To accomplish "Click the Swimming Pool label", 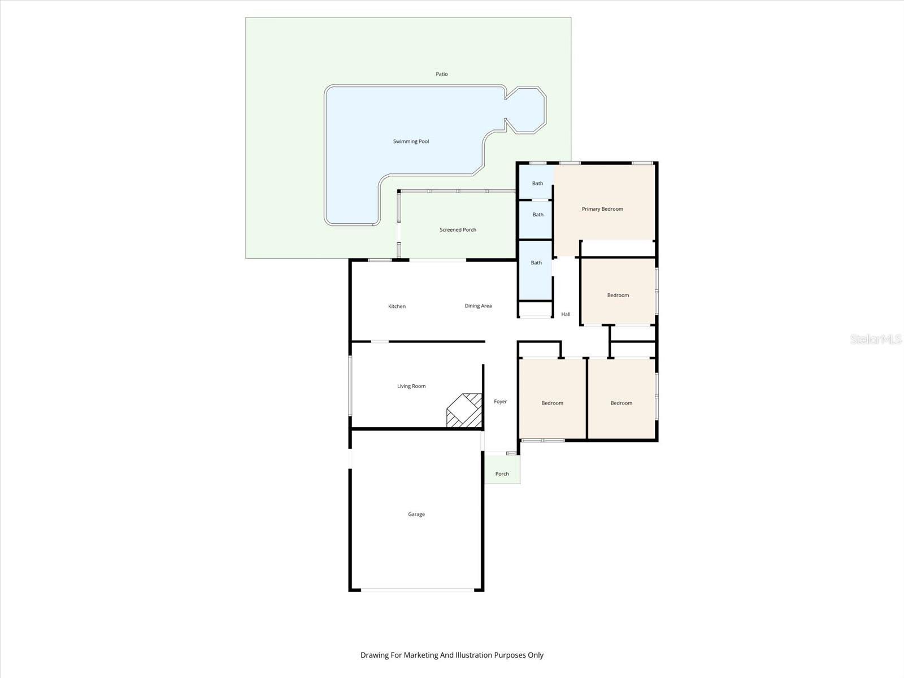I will pos(411,141).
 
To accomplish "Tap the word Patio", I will pos(442,74).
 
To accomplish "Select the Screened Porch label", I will pos(458,230).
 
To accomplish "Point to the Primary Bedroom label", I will pos(602,209).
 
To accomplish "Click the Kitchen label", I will pos(397,306).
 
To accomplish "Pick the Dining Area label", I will pos(478,306).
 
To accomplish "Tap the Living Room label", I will pos(411,386).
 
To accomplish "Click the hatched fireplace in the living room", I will pos(465,411).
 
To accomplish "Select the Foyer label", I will pos(501,402).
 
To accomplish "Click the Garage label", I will pos(416,514).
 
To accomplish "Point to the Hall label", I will pos(566,314).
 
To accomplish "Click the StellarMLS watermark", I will pos(876,339).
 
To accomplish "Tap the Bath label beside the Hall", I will pos(536,263).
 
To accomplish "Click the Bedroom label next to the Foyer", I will pos(552,403).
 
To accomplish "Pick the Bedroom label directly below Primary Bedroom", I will pos(618,295).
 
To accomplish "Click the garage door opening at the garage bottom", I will pos(417,590).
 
